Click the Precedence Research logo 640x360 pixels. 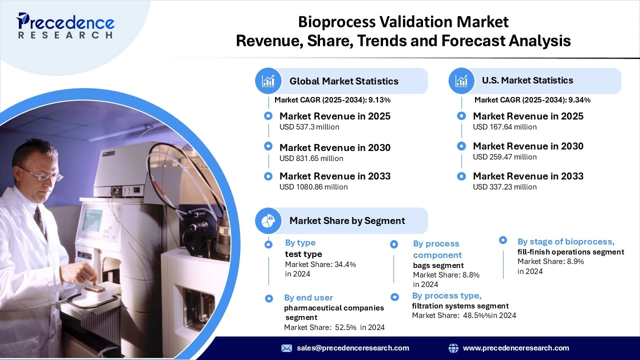coord(65,26)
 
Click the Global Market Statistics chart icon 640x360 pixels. coord(268,81)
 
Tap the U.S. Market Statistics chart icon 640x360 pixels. coord(461,80)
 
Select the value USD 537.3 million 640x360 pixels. coord(309,127)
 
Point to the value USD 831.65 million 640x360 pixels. coord(311,158)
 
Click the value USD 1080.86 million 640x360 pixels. coord(313,187)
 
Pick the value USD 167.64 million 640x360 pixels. coord(504,127)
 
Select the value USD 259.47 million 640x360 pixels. coord(504,157)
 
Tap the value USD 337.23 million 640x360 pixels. coord(504,187)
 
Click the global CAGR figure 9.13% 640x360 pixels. coord(379,100)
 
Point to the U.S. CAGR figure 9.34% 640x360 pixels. coord(579,100)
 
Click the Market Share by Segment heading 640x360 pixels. coord(347,220)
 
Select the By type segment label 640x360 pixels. coord(300,243)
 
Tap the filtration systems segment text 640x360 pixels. coord(460,306)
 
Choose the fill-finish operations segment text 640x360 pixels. coord(570,252)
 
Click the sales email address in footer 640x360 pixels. coord(352,348)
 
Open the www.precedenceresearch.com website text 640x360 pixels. coord(515,348)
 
